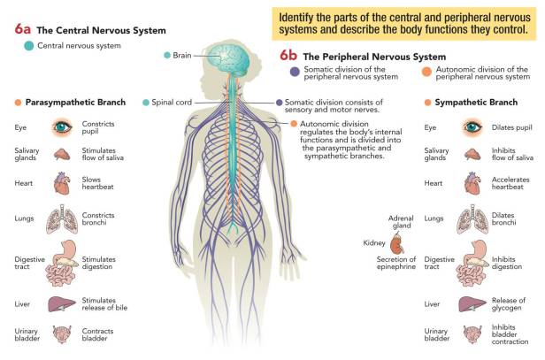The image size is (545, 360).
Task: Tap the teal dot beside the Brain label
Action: pos(168,55)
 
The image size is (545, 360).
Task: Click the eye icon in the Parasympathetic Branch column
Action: pos(61,127)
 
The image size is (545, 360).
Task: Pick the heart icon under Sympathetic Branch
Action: pos(471,183)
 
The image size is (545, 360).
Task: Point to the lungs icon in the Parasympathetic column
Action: pos(61,218)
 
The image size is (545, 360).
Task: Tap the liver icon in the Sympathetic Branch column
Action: pos(471,303)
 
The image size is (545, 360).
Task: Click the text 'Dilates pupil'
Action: pos(511,127)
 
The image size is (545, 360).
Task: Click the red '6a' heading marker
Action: pos(24,29)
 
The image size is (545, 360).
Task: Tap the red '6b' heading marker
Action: pos(289,55)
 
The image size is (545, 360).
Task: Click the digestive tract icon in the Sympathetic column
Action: pos(471,260)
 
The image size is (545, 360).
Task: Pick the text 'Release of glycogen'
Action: pos(510,304)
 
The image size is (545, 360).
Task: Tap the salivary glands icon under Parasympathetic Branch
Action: pos(61,154)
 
